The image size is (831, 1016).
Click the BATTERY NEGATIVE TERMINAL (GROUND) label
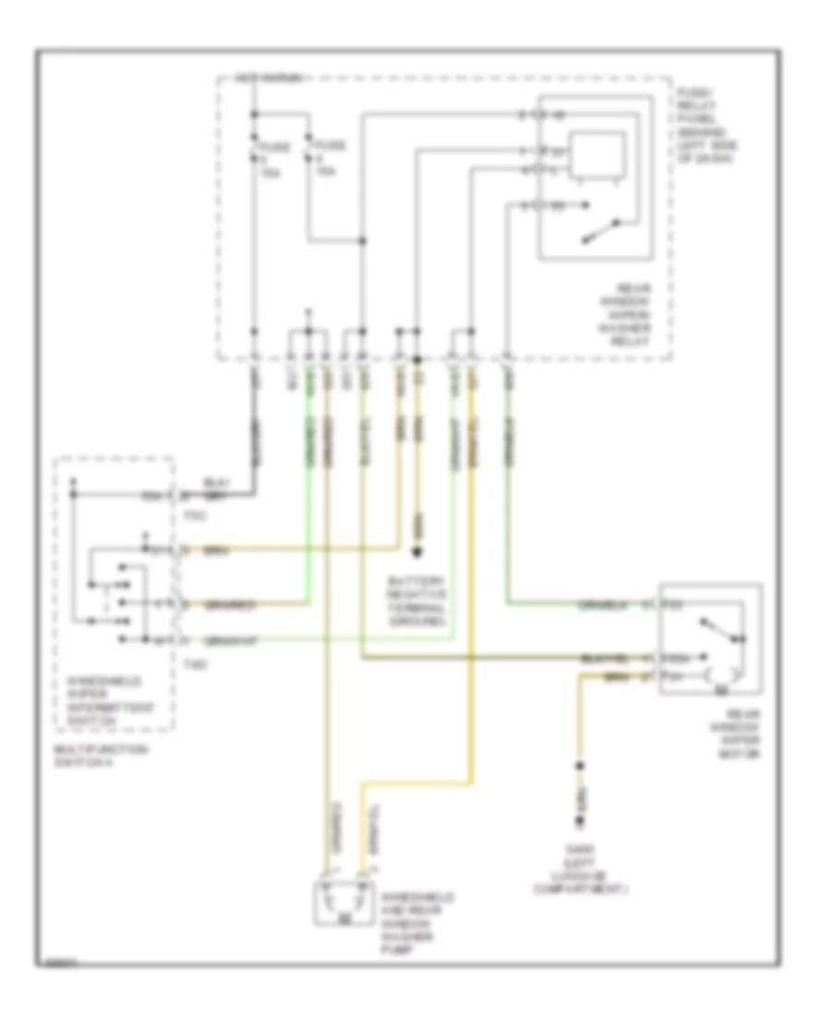418,600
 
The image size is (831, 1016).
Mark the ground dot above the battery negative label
416,552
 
